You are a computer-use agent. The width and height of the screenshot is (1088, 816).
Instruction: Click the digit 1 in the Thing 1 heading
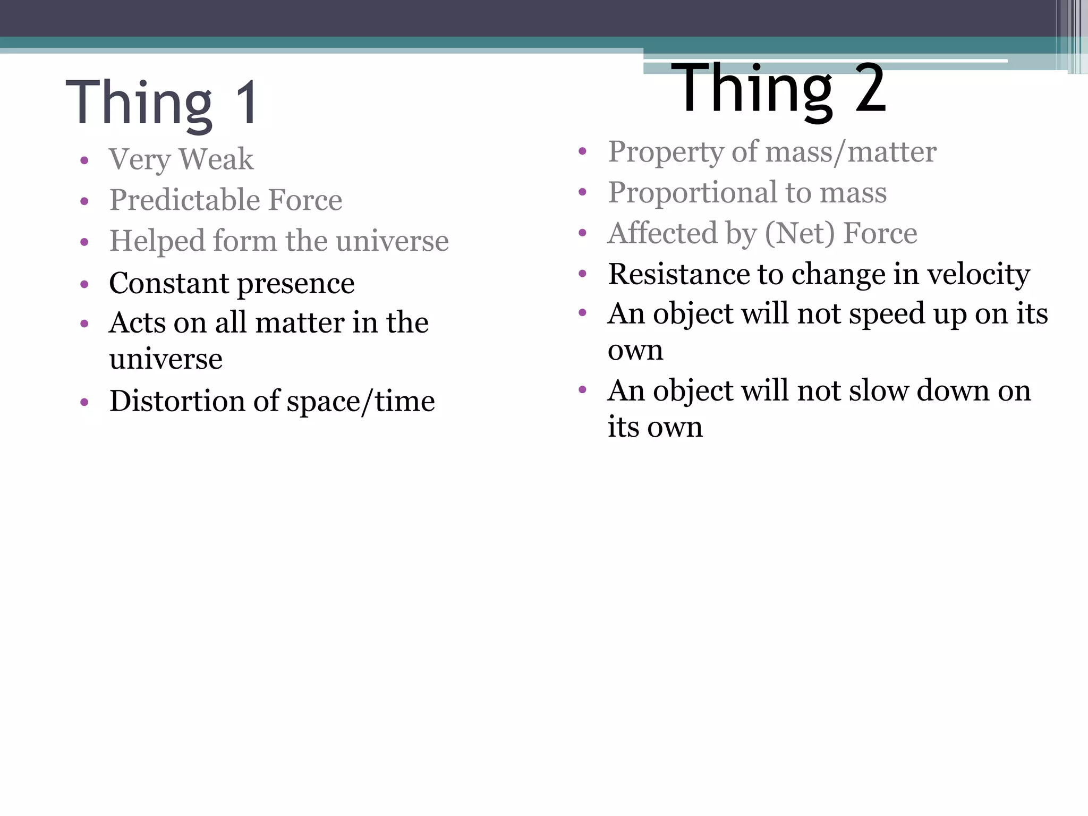[x=247, y=103]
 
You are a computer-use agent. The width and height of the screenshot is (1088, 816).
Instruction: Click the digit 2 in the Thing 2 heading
[x=870, y=88]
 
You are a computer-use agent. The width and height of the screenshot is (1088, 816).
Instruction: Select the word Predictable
[x=184, y=200]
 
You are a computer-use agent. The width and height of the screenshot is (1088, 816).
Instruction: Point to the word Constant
[x=169, y=283]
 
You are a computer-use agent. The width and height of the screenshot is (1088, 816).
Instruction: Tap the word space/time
[x=361, y=402]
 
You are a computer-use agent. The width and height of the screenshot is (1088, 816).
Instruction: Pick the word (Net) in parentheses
[x=800, y=233]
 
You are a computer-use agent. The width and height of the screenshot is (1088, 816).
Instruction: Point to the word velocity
[x=978, y=275]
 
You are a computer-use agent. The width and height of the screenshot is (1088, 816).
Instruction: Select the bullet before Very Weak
[x=84, y=160]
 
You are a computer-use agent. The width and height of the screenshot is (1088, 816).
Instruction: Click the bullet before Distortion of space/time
[x=84, y=402]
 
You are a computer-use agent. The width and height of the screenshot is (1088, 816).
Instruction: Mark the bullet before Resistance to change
[x=582, y=274]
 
